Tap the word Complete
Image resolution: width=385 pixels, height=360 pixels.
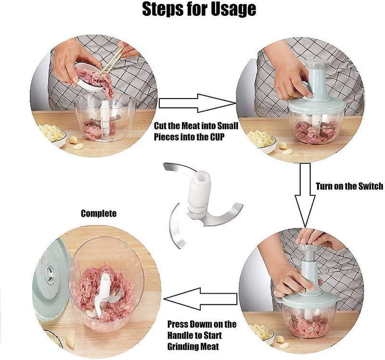click(99, 213)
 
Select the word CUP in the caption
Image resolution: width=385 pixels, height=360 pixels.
click(217, 137)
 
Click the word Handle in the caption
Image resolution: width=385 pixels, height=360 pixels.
click(180, 335)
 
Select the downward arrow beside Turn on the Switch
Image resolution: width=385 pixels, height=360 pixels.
click(305, 195)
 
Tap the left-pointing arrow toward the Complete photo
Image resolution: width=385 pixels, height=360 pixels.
click(200, 299)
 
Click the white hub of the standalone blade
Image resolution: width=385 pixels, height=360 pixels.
click(199, 194)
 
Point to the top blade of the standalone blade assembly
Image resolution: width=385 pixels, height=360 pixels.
click(178, 169)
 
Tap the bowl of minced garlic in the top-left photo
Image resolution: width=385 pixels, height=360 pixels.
click(51, 135)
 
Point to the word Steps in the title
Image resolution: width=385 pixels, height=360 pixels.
click(164, 10)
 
